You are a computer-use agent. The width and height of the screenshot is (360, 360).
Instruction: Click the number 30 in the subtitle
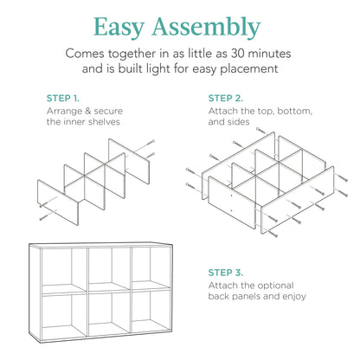[x=240, y=54]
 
